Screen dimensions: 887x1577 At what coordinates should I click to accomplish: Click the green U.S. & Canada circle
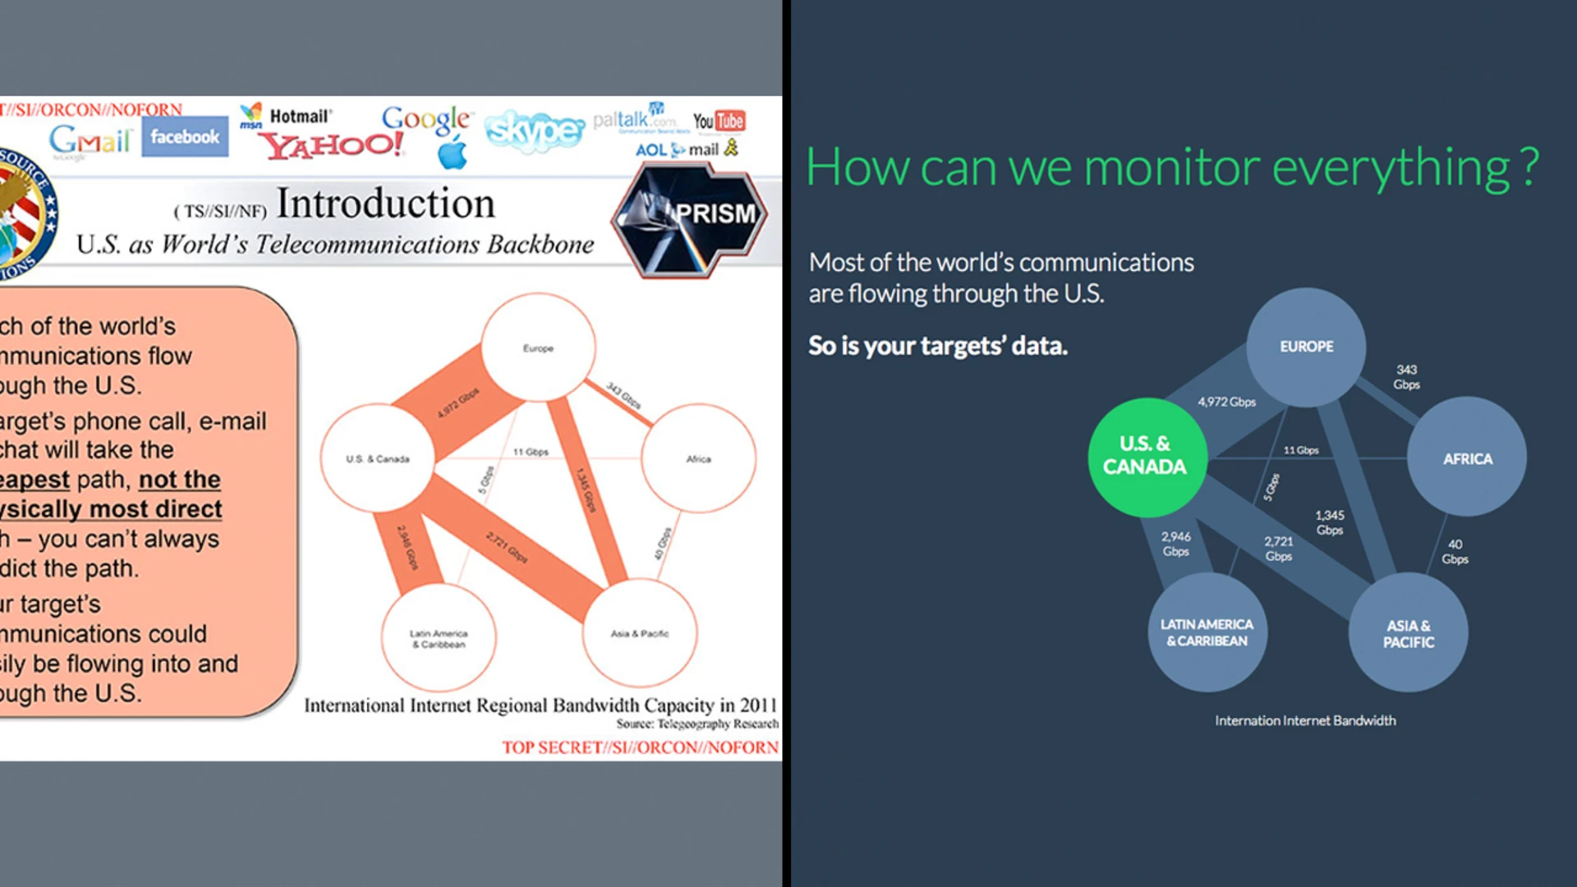tap(1147, 457)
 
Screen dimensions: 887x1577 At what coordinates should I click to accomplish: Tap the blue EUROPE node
tap(1306, 347)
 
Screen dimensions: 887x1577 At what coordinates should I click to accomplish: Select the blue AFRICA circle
tap(1467, 458)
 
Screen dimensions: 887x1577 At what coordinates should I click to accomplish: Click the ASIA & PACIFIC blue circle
tap(1408, 633)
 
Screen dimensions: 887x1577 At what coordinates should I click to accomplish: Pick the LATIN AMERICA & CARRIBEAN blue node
tap(1207, 632)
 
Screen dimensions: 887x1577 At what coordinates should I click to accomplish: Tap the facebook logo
tap(185, 137)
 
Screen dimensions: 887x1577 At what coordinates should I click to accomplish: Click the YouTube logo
tap(719, 122)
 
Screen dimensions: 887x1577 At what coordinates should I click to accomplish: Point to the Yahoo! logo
tap(332, 145)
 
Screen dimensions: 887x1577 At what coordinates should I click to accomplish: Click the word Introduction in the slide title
tap(385, 204)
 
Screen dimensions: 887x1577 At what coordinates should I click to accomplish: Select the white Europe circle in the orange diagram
tap(538, 348)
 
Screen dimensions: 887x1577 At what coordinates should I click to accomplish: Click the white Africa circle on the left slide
tap(698, 458)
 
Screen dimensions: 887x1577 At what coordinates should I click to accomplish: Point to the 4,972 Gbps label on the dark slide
tap(1226, 402)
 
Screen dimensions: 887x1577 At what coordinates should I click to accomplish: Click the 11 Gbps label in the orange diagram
tap(531, 452)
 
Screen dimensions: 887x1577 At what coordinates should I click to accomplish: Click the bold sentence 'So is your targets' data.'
tap(937, 346)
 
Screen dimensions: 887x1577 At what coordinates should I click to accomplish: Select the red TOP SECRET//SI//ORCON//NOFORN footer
tap(640, 747)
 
